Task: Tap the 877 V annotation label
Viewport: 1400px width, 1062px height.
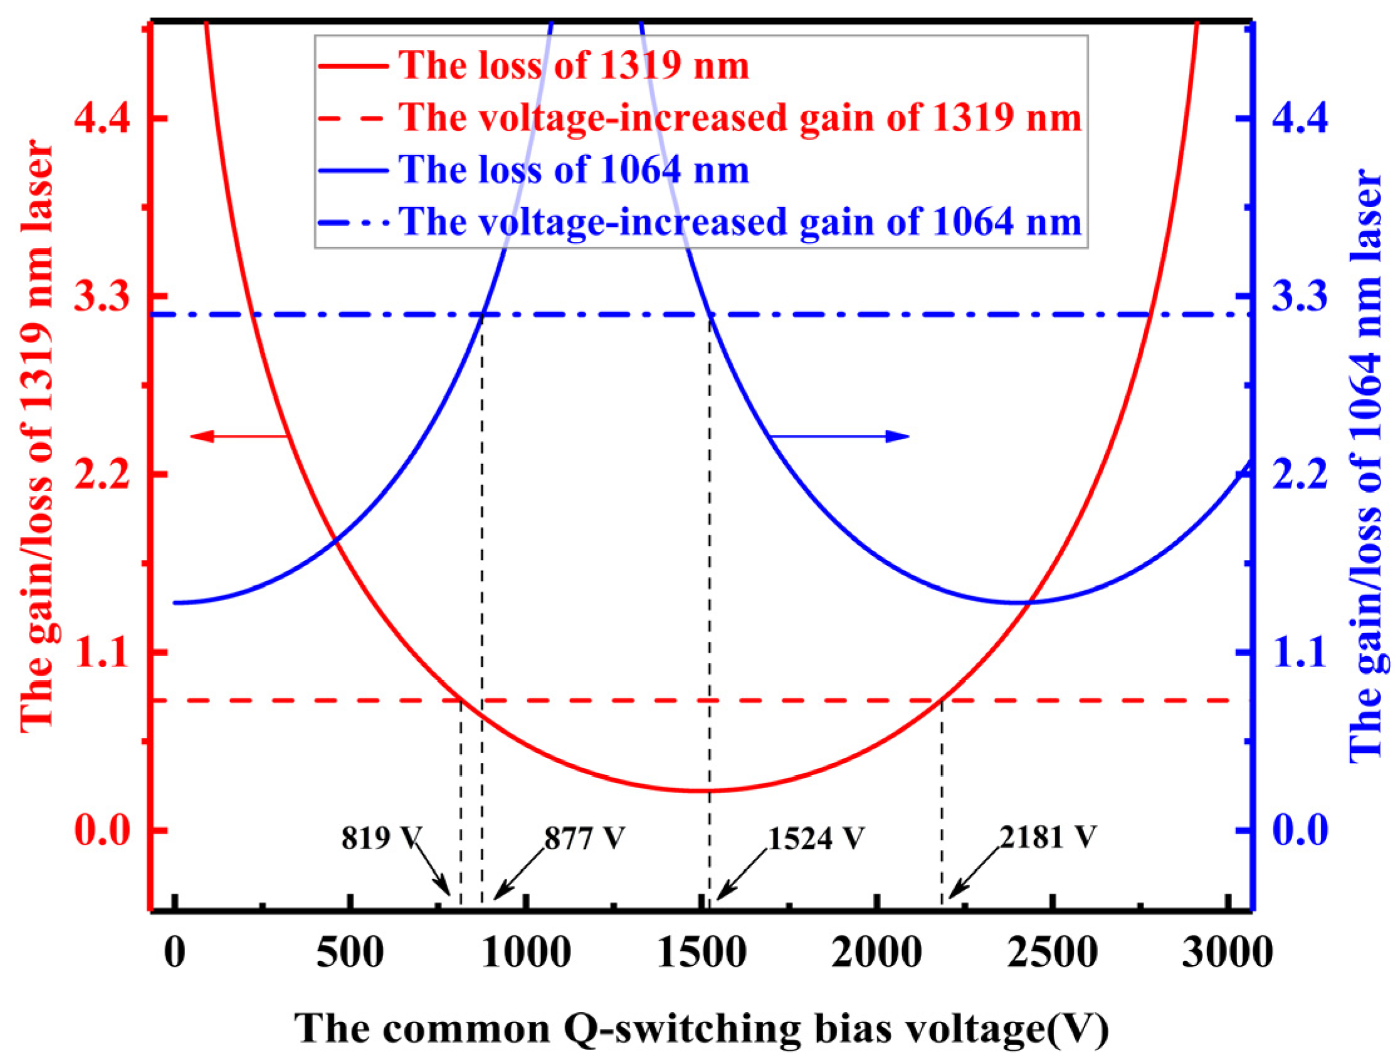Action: coord(584,839)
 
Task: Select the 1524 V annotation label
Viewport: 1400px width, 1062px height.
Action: coord(816,839)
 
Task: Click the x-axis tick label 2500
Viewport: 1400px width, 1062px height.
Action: coord(1052,953)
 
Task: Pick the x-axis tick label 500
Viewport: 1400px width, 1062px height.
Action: coord(350,953)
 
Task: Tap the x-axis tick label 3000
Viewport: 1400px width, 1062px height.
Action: coord(1226,953)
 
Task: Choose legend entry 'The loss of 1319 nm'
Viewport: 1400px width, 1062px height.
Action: coord(574,66)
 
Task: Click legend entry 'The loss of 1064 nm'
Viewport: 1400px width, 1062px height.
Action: coord(574,170)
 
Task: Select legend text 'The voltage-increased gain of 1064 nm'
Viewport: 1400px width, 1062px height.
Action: coord(740,221)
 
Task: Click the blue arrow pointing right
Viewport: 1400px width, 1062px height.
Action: coord(839,436)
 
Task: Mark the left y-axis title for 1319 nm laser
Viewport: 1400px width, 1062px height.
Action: coord(36,437)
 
